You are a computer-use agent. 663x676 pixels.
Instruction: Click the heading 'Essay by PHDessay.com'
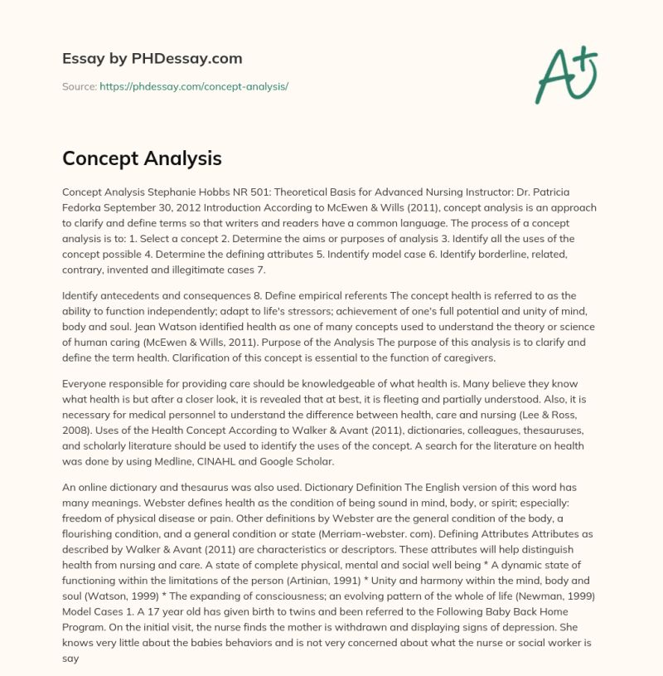pyautogui.click(x=152, y=59)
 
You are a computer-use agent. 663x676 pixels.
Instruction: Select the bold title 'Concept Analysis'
pyautogui.click(x=142, y=158)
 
